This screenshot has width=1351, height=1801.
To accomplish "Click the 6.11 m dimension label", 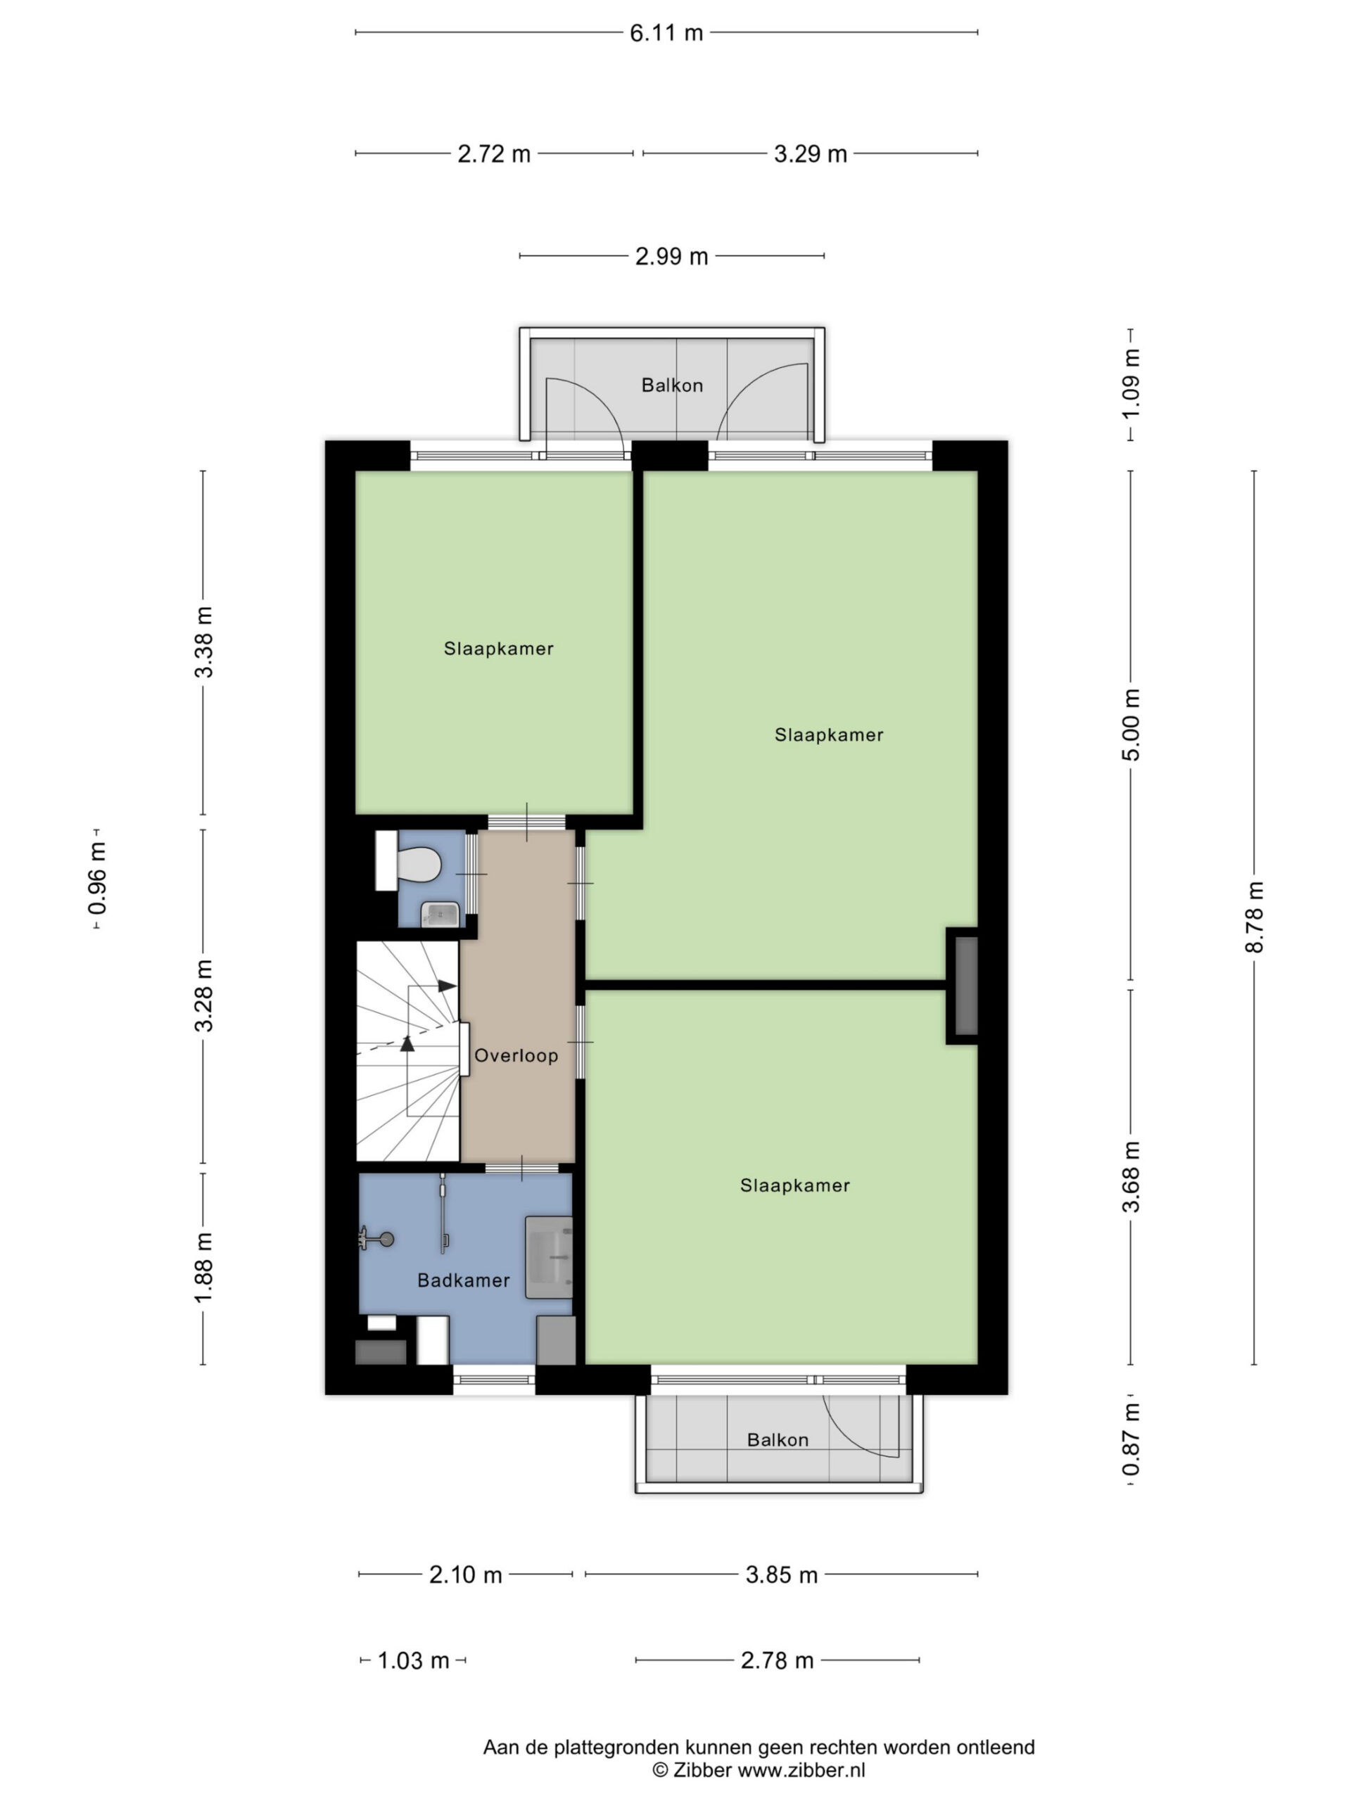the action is click(666, 32).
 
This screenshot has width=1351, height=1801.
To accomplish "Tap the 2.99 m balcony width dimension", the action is click(672, 257).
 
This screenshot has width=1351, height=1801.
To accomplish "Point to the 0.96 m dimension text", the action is click(97, 879).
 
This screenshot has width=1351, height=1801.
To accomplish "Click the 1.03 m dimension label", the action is click(414, 1660).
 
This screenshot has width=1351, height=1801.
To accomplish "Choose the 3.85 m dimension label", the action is click(781, 1574).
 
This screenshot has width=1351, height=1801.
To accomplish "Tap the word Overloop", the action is click(516, 1056).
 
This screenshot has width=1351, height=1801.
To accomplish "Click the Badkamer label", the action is click(464, 1280).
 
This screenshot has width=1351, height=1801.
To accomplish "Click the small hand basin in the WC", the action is click(440, 915).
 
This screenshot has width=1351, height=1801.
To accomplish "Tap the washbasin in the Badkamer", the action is click(549, 1258).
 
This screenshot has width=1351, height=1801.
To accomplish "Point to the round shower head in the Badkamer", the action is click(387, 1239).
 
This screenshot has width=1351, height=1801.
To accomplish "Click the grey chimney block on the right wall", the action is click(966, 986).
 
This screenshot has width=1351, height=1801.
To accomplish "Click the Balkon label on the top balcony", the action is click(672, 385).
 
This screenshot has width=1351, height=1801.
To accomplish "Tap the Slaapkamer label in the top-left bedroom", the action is click(498, 649).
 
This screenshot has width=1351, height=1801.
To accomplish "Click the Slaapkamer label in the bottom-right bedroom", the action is click(795, 1185).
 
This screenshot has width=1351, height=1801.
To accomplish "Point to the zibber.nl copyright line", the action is click(759, 1770).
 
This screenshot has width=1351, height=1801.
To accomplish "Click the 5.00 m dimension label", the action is click(1131, 724).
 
